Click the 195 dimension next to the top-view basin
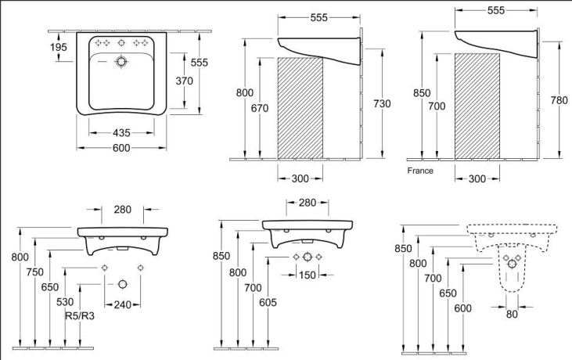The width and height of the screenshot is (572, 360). click(59, 47)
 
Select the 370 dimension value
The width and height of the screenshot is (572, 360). click(184, 81)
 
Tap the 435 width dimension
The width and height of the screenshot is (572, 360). click(121, 133)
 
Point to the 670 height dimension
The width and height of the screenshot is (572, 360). click(260, 108)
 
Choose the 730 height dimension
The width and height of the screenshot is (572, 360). click(382, 104)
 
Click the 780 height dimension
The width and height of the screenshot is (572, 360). click(559, 100)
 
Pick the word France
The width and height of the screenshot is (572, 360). click(420, 171)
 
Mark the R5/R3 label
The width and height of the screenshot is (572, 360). click(80, 315)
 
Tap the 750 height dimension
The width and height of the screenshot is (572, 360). click(34, 272)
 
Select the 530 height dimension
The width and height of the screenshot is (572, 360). click(65, 302)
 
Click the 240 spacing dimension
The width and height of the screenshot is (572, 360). click(122, 304)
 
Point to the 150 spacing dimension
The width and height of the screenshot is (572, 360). click(308, 275)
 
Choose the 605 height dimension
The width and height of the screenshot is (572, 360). click(268, 302)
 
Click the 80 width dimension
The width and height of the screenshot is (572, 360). click(512, 314)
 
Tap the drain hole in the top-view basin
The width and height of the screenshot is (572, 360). click(121, 62)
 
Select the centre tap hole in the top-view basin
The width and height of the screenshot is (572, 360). click(121, 43)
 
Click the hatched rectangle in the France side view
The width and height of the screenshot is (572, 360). click(477, 106)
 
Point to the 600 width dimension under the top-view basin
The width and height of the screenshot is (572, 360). click(121, 148)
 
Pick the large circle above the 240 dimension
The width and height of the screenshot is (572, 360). click(123, 284)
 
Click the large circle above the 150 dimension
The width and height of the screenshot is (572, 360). click(308, 257)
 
